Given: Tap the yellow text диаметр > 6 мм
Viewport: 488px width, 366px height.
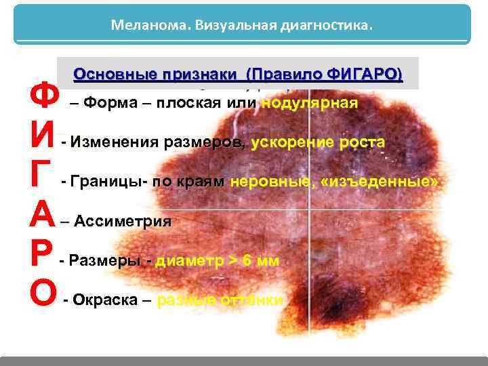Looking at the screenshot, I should pos(217,261).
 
